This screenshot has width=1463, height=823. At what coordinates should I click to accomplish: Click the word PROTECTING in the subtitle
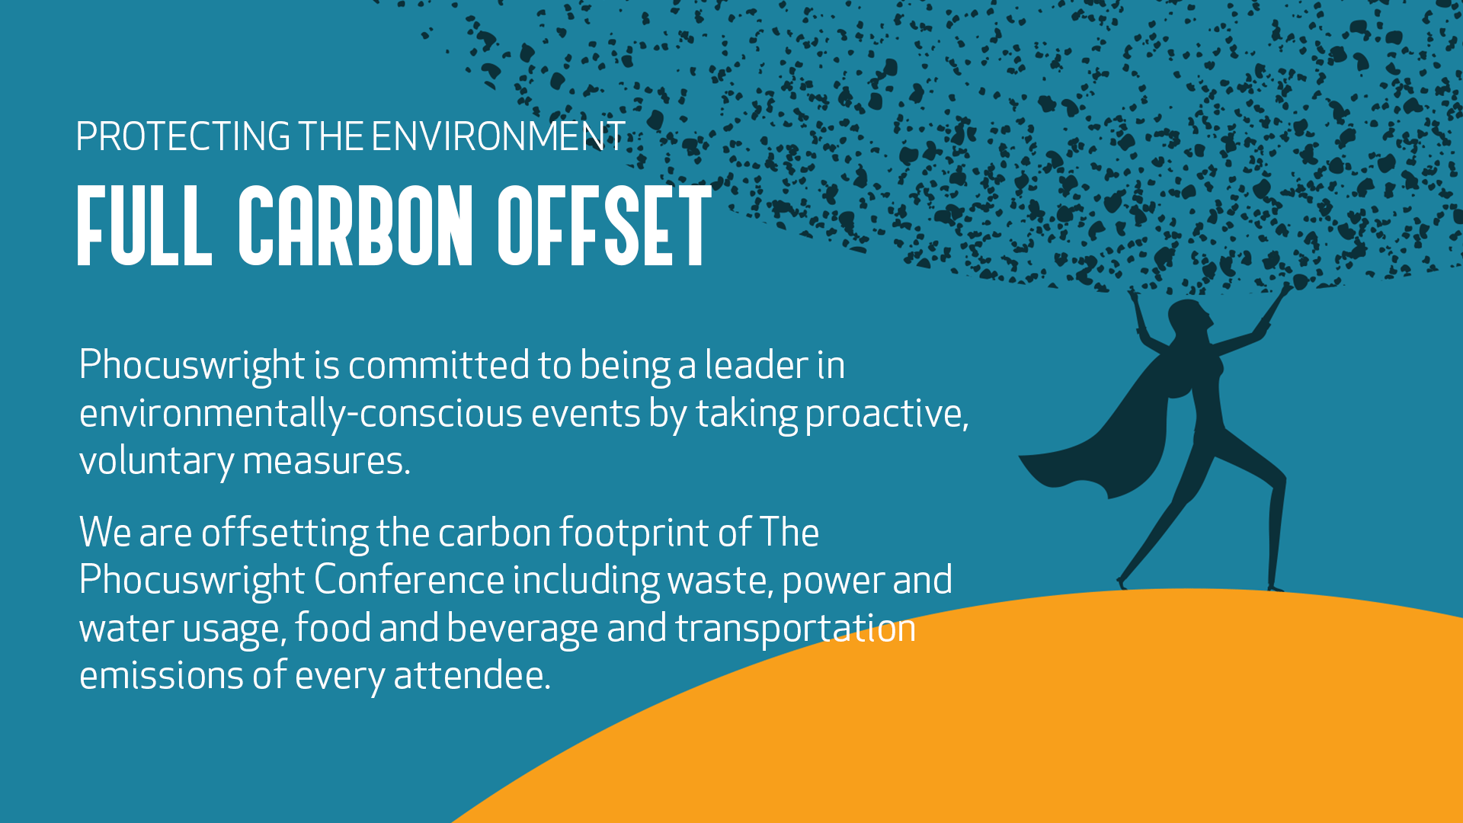pos(183,136)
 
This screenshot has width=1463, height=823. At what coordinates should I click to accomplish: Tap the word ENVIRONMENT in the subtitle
pos(498,136)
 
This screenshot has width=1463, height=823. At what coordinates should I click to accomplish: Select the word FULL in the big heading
pos(144,226)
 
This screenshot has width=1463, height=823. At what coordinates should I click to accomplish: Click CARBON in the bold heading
pos(355,226)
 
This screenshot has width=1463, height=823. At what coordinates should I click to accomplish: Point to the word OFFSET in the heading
pos(604,226)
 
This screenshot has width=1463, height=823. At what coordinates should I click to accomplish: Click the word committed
pos(439,365)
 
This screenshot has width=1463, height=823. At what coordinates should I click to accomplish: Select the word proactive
pos(887,414)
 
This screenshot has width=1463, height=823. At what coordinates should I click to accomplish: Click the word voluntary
pos(156,462)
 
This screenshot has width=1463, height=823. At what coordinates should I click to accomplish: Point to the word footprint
pos(635,533)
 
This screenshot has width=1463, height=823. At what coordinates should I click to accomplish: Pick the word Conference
pos(409,580)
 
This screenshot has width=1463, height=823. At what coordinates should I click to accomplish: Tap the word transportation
pos(796,629)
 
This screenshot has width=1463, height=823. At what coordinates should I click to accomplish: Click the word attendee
pos(472,676)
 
